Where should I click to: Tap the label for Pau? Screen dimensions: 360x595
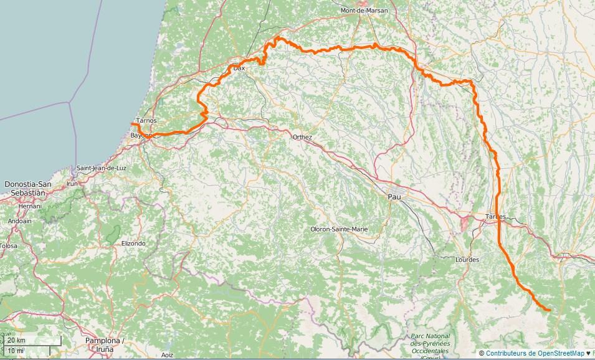tap(394, 197)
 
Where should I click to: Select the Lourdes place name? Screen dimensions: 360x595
tap(467, 259)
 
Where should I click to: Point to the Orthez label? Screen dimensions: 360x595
tap(302, 137)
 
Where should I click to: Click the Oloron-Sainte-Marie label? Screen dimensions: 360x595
tap(339, 229)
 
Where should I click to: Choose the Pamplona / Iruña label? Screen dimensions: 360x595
tap(105, 344)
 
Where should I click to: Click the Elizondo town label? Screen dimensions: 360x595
tap(133, 243)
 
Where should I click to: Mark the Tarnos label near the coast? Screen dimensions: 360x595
tap(146, 120)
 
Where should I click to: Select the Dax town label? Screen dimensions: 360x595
tap(239, 67)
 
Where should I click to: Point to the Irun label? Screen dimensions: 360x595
tap(72, 184)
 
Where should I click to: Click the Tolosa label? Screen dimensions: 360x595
tap(8, 246)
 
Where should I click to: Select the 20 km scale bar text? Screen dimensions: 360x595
tap(17, 340)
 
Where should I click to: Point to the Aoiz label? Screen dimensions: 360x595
tap(167, 354)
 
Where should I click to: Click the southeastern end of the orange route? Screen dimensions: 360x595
tap(549, 310)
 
